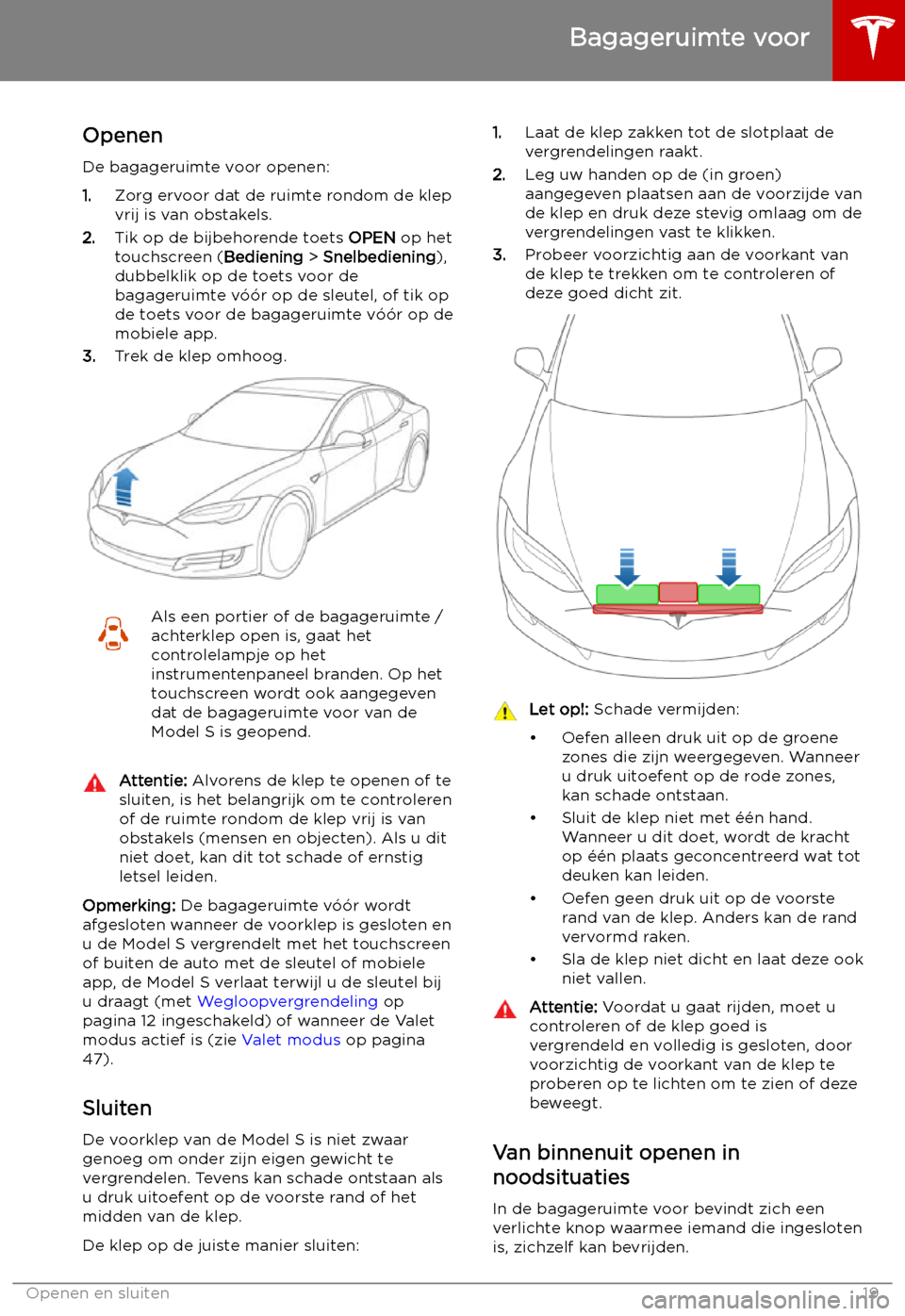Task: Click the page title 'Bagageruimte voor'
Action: coord(689,38)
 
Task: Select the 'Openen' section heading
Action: coord(123,136)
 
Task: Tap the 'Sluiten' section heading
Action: coord(117,1109)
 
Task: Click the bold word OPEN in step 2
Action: coord(371,238)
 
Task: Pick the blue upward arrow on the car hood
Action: coord(124,487)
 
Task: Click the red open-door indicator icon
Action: coord(113,633)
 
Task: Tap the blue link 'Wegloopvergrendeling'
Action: coord(288,1001)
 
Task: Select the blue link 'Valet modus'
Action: coord(291,1040)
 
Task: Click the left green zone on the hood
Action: coord(627,595)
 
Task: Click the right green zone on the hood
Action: coord(729,595)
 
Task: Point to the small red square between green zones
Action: coord(678,592)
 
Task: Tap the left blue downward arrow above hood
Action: coord(627,566)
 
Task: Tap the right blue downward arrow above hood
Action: coord(729,566)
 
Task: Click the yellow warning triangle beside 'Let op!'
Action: coord(505,711)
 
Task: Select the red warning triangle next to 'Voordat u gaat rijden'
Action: coord(505,1010)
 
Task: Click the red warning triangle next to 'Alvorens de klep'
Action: coord(95,782)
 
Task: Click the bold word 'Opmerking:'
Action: coord(129,906)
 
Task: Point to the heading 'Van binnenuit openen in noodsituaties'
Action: coord(616,1165)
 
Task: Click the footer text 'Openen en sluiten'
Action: coord(98,1293)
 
